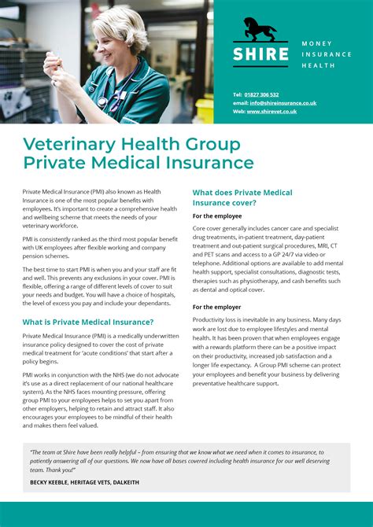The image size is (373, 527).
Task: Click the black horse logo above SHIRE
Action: tap(260, 29)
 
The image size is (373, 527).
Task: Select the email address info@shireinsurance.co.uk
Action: tap(283, 103)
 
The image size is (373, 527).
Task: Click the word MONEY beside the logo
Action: tap(317, 43)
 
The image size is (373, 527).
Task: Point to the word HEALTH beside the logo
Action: tap(319, 65)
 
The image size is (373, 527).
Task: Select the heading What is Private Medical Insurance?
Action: tap(88, 322)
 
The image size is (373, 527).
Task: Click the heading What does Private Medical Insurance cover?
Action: tap(242, 197)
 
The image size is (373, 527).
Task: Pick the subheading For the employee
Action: tap(217, 216)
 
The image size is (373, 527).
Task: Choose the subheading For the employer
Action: tap(217, 307)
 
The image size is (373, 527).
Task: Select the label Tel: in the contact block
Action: tap(238, 94)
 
